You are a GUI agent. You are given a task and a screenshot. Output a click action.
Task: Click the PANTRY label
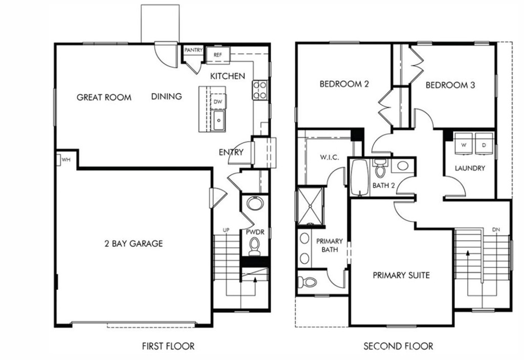click(x=193, y=50)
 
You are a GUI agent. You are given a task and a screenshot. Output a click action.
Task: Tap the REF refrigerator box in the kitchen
click(x=217, y=53)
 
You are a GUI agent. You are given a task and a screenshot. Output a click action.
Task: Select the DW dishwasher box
click(x=217, y=101)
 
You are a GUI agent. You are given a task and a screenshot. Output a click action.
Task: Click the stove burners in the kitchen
click(x=260, y=90)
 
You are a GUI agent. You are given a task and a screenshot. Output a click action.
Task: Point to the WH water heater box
click(x=65, y=159)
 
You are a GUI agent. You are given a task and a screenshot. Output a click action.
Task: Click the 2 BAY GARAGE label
click(x=133, y=243)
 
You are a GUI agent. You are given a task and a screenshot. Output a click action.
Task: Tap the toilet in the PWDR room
click(x=254, y=248)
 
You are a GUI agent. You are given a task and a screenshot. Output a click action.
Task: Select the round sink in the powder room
click(x=254, y=204)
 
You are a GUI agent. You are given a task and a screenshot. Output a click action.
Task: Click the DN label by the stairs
click(x=496, y=229)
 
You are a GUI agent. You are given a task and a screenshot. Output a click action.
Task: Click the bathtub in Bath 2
click(x=360, y=177)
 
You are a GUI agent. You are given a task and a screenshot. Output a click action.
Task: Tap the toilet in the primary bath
click(x=307, y=281)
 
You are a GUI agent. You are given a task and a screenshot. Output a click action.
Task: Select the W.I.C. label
click(x=330, y=157)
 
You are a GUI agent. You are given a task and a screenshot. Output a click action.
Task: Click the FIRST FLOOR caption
click(x=168, y=346)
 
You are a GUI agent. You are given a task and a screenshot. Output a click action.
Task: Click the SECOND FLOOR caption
click(x=398, y=346)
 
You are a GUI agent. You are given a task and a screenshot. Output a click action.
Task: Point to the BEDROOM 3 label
click(x=450, y=85)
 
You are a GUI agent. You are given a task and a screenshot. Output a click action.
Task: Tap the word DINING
click(x=166, y=96)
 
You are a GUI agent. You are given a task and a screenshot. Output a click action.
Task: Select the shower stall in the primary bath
click(x=310, y=206)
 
